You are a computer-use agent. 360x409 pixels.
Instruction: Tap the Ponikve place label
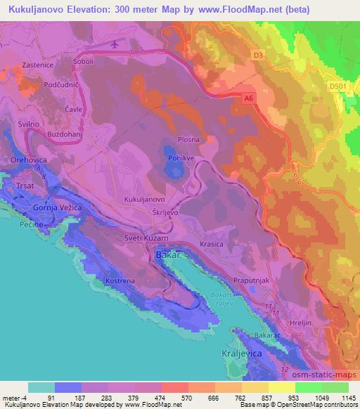coord(180,158)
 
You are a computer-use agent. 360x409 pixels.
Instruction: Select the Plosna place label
coord(187,139)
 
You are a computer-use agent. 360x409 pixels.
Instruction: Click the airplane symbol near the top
coord(115,44)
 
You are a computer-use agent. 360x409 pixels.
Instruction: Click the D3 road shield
coord(258,53)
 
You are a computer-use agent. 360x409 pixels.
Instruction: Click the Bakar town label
coord(164,254)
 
